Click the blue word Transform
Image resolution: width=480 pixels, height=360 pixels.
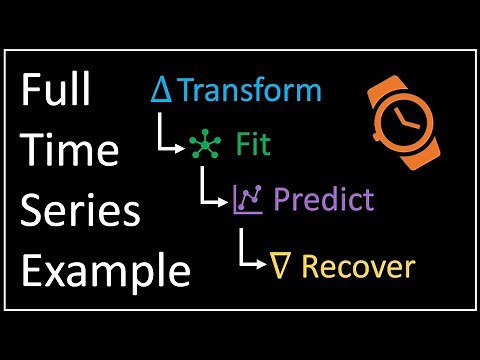[x=249, y=91]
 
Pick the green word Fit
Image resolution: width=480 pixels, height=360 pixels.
[x=252, y=145]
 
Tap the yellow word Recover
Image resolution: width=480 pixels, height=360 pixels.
[x=357, y=266]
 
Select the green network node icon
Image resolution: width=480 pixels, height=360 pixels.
[x=203, y=147]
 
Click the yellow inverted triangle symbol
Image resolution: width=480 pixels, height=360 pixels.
[x=282, y=266]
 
